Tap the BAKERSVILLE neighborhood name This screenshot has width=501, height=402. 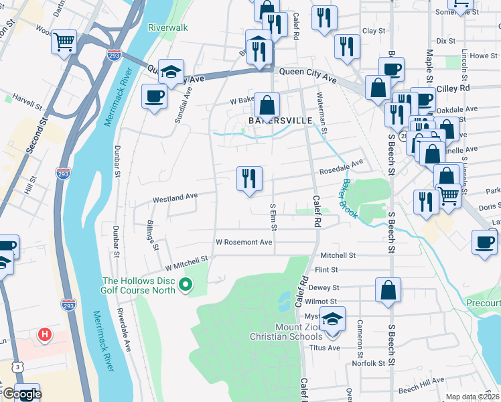[271, 121]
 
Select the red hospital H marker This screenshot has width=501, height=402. [45, 334]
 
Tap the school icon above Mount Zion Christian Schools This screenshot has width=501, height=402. [332, 320]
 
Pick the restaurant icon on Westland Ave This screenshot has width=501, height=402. [249, 179]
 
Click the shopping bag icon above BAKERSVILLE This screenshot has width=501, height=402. [267, 105]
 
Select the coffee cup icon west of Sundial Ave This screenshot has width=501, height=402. [154, 96]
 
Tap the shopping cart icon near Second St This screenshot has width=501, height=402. [64, 42]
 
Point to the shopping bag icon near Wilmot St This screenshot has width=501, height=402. [388, 290]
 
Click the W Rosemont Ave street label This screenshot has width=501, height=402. [244, 242]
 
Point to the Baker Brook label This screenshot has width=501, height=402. [348, 198]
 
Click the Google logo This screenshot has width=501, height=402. [21, 394]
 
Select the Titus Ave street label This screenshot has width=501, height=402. [325, 348]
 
